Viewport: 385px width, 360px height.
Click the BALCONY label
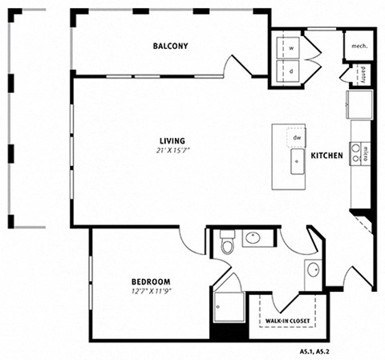coord(170,46)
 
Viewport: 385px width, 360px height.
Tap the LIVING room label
coord(172,140)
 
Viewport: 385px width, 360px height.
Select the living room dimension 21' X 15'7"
coord(172,151)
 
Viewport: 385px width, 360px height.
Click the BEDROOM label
coord(151,281)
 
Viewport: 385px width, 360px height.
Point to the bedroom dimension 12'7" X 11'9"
coord(152,291)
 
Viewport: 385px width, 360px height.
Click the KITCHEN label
coord(326,156)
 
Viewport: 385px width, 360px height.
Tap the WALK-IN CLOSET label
coord(287,321)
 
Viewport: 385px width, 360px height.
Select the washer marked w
coord(288,48)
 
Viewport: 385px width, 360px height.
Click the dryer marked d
coord(288,71)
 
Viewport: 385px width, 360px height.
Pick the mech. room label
coord(359,46)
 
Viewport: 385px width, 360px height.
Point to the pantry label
coord(363,75)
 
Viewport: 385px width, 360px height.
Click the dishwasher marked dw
coord(297,138)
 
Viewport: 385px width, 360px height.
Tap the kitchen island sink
coord(298,161)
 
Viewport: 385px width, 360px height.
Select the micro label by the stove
coord(365,155)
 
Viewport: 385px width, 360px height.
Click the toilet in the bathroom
coord(227,242)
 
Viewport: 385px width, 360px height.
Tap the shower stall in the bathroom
coord(229,307)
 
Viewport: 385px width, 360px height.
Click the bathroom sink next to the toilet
coord(253,237)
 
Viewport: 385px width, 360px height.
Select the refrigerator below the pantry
coord(359,104)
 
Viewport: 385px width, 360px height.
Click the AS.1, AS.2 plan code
coord(314,351)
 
